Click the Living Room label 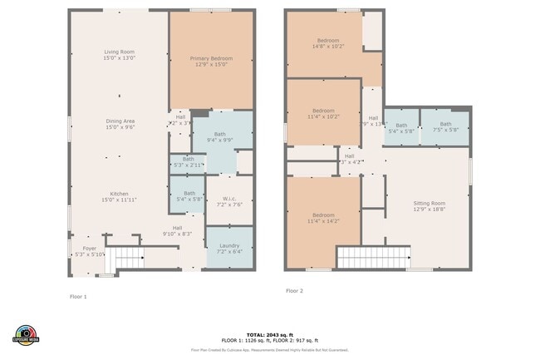coord(120,55)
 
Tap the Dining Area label coord(120,124)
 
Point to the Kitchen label coord(120,197)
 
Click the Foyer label coord(90,251)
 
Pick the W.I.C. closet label coord(229,201)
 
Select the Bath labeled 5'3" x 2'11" coord(188,162)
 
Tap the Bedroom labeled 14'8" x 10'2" coord(323,43)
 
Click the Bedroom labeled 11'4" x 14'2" coord(323,218)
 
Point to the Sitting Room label coord(430,206)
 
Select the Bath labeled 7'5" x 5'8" coord(445,127)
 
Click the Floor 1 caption coord(77,296)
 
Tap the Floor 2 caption coord(294,291)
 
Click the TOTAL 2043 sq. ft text coord(270,333)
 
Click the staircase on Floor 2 coord(374,257)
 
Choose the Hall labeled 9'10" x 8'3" coord(177,231)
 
